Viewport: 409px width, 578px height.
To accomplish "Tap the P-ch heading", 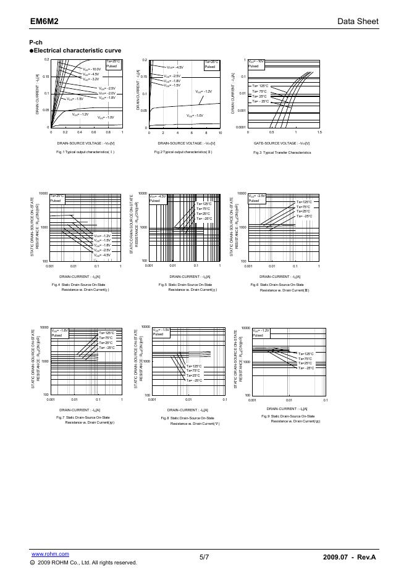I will click(x=36, y=41).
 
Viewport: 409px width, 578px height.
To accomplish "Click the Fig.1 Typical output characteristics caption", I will click(x=85, y=152).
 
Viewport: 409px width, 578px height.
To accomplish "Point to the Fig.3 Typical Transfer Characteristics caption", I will click(x=282, y=152).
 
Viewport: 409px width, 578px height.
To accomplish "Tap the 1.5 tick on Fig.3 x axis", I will click(x=319, y=132).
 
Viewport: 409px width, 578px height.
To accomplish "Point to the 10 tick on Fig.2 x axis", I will click(x=220, y=133).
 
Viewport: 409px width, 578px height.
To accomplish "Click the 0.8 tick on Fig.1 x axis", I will click(x=108, y=132).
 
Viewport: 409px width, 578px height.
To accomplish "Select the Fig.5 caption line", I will click(x=188, y=285).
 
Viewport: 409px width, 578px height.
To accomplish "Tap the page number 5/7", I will click(x=204, y=558).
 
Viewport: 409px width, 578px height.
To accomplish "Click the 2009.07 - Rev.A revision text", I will click(x=349, y=558).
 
